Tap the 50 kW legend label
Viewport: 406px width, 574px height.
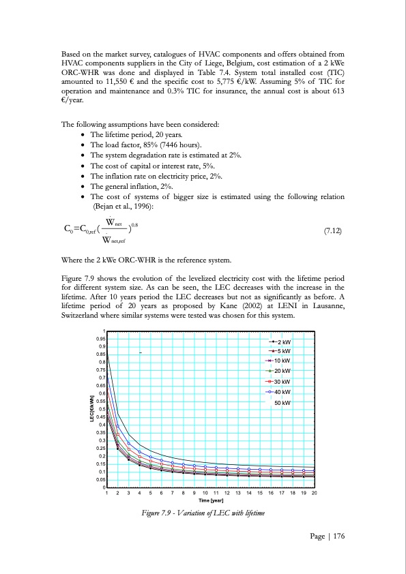point(282,404)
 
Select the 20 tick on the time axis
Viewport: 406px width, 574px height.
point(314,493)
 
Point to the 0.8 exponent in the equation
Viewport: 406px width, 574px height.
point(136,223)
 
